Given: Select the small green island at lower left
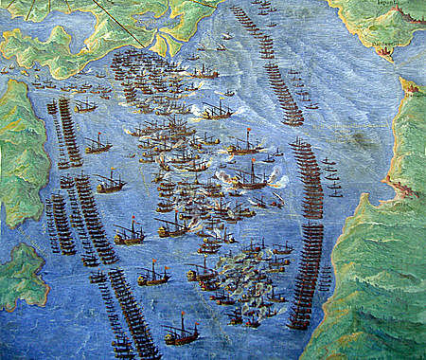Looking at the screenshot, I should click(19, 276).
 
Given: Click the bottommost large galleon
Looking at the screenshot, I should click(180, 331).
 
